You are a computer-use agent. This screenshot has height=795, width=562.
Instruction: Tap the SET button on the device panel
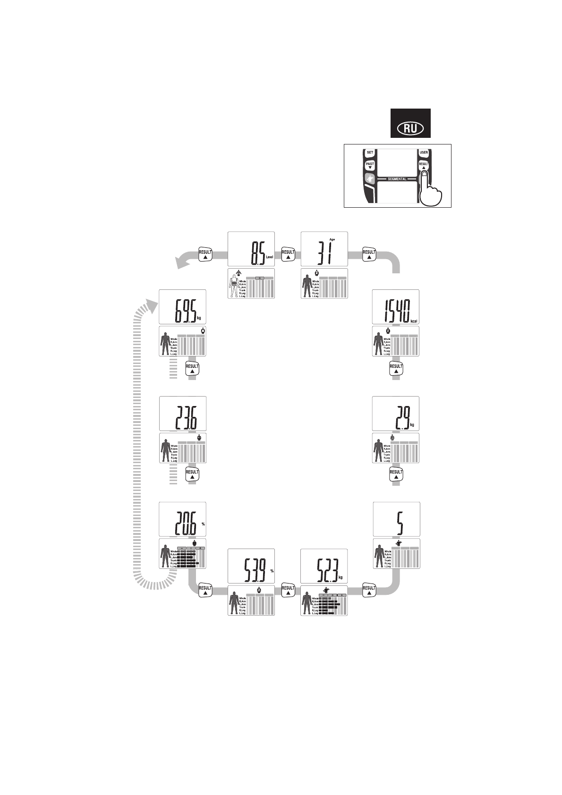[370, 152]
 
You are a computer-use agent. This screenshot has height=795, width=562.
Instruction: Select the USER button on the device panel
[424, 152]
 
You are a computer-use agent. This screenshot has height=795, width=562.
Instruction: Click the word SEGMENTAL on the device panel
[397, 179]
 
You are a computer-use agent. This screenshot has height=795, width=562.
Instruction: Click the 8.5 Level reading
[259, 254]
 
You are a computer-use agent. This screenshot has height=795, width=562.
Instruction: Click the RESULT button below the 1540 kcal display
[396, 368]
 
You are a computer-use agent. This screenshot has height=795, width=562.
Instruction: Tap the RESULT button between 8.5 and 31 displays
[288, 254]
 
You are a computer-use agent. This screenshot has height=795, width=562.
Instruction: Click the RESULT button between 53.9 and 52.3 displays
[288, 590]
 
